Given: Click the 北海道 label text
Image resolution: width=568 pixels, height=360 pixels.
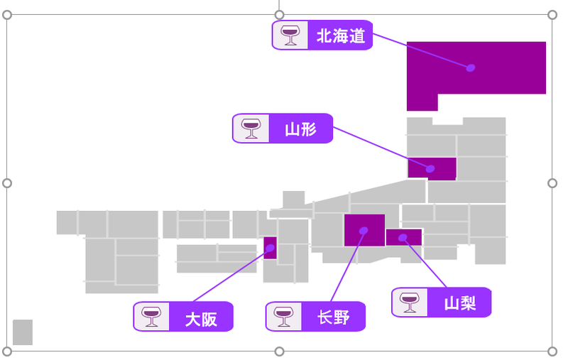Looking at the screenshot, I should (341, 36).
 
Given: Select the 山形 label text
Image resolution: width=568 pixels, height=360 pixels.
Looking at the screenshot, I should (300, 129).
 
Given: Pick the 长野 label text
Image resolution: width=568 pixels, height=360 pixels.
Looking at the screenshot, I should (333, 317).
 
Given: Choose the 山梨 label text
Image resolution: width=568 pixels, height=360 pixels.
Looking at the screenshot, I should (459, 303).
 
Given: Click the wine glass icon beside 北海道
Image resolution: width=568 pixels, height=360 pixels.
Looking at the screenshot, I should (290, 35).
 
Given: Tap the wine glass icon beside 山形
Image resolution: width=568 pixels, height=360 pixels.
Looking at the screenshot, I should (251, 129).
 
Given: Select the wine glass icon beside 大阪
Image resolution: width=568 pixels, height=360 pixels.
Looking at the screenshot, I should (151, 317).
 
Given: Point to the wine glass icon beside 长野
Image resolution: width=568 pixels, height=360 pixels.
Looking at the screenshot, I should (283, 317).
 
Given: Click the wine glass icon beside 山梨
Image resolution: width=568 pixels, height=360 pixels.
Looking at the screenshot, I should (409, 302).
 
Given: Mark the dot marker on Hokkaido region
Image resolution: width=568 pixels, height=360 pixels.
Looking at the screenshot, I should (471, 68).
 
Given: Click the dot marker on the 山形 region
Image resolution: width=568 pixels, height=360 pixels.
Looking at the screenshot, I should (431, 168).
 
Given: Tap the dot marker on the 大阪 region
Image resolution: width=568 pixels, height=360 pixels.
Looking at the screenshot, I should (271, 248).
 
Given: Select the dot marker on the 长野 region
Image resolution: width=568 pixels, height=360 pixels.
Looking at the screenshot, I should (364, 230).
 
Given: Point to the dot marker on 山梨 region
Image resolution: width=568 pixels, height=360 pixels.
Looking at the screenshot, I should (403, 237).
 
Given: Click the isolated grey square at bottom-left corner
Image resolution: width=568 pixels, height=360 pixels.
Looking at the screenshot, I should (23, 332).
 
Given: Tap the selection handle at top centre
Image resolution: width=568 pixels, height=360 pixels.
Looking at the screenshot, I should (279, 14).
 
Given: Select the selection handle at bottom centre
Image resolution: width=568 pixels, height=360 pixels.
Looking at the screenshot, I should (279, 351).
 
